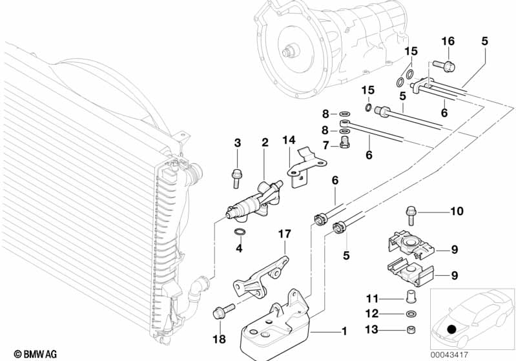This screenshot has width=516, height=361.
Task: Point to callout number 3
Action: (237, 143)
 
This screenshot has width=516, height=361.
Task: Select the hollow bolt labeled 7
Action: (344, 142)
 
